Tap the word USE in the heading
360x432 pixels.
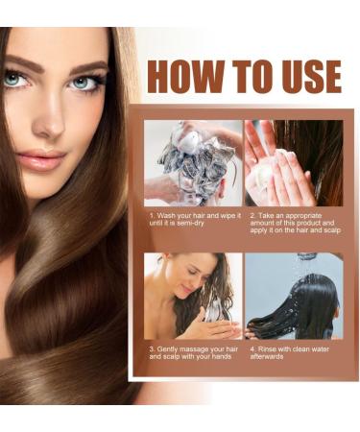(x=304, y=76)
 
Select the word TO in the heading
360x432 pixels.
(x=246, y=76)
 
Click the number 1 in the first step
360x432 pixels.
(x=152, y=216)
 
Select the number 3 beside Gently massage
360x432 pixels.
(x=152, y=348)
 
